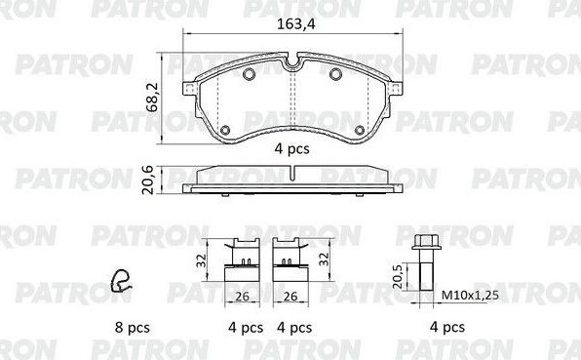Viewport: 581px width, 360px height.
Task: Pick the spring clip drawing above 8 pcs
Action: [x=122, y=281]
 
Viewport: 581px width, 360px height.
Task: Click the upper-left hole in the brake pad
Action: [x=249, y=77]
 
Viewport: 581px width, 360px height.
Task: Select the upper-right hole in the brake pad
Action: [x=333, y=77]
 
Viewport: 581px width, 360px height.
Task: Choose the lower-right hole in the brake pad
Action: [x=359, y=130]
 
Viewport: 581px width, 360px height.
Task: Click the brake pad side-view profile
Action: [x=291, y=180]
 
